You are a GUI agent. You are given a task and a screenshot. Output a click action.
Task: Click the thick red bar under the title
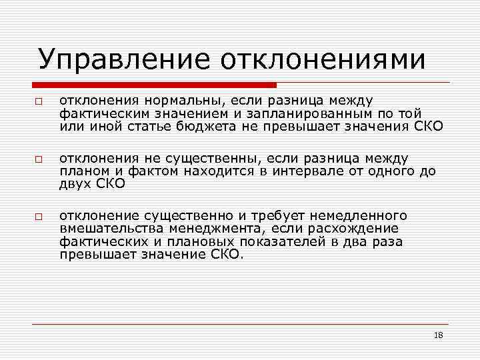(154, 85)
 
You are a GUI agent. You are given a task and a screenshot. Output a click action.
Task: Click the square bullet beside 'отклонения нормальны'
(39, 101)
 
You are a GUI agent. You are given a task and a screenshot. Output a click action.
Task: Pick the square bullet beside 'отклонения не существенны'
(39, 159)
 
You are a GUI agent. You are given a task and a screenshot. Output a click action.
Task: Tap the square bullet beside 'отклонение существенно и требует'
(39, 217)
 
